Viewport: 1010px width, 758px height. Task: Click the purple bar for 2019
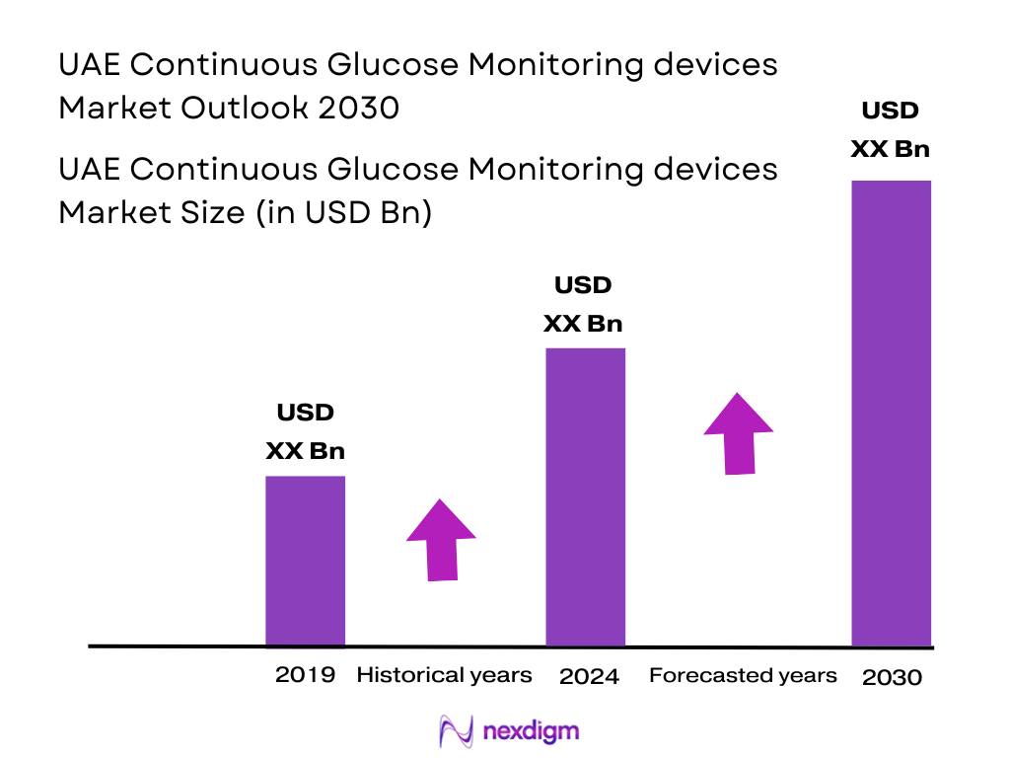click(305, 561)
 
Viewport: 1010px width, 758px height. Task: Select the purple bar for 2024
click(585, 496)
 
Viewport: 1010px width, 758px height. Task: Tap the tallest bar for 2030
click(891, 413)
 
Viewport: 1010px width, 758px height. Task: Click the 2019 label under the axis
click(305, 675)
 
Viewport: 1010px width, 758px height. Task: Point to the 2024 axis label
click(589, 677)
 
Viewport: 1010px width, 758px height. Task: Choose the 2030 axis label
click(892, 678)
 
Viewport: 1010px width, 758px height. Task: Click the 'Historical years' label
click(444, 675)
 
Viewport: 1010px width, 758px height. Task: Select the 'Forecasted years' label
click(743, 675)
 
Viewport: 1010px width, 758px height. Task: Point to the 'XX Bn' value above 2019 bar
click(305, 451)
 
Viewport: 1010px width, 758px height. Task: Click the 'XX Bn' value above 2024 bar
click(584, 324)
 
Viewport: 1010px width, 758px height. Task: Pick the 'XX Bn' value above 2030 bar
click(891, 149)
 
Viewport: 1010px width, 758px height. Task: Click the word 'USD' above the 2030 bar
click(891, 111)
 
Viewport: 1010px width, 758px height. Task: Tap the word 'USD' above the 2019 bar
click(305, 413)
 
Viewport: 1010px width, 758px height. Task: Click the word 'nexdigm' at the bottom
click(532, 731)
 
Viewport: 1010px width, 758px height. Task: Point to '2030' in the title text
click(359, 107)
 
